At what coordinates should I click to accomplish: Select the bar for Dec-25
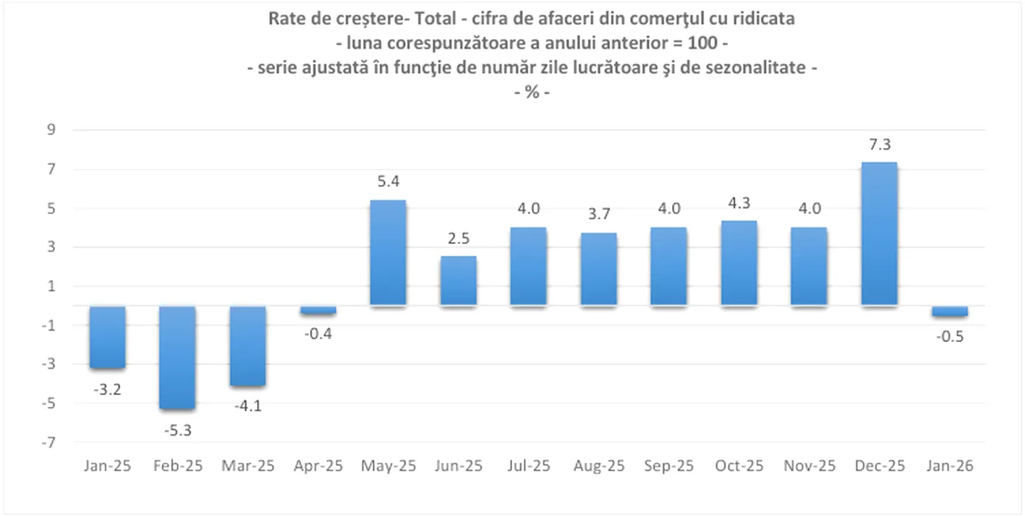pyautogui.click(x=878, y=234)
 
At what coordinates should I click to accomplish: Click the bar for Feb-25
pyautogui.click(x=178, y=358)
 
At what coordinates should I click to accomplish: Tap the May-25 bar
pyautogui.click(x=388, y=253)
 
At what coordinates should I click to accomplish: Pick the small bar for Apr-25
pyautogui.click(x=318, y=310)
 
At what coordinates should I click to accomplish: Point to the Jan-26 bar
pyautogui.click(x=949, y=311)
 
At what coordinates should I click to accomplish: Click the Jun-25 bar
pyautogui.click(x=458, y=281)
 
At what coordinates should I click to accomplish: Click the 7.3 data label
pyautogui.click(x=878, y=144)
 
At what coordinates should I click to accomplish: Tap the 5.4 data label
pyautogui.click(x=388, y=182)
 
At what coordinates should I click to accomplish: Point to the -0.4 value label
pyautogui.click(x=318, y=333)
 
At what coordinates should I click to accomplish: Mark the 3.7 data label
pyautogui.click(x=598, y=215)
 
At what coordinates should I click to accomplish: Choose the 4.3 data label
pyautogui.click(x=738, y=203)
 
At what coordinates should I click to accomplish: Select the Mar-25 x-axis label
pyautogui.click(x=248, y=467)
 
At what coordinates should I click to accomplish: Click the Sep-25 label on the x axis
pyautogui.click(x=668, y=467)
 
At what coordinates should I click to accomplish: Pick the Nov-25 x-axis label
pyautogui.click(x=808, y=467)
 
